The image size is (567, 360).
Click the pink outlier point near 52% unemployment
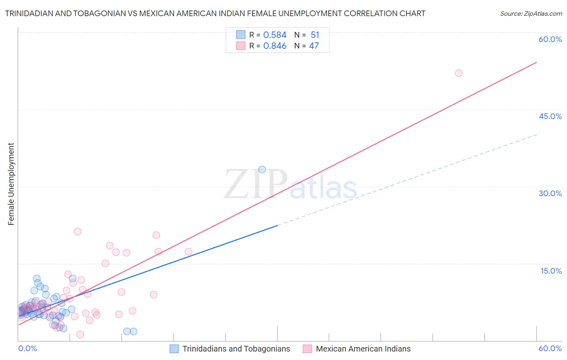[x=459, y=73]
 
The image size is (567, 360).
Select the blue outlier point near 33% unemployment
[x=262, y=170]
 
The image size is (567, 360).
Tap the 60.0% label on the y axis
[x=550, y=39]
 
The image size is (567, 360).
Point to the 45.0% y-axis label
[x=550, y=116]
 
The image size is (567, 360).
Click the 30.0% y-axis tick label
[x=550, y=193]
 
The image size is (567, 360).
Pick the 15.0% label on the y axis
[x=551, y=271]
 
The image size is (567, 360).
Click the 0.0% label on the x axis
[x=27, y=348]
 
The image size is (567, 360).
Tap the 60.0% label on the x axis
[x=550, y=348]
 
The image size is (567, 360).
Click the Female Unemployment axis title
[x=11, y=184]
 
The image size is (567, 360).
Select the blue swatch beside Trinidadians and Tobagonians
[x=174, y=349]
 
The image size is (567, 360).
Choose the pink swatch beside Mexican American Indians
[x=307, y=349]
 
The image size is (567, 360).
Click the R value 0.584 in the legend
[x=275, y=35]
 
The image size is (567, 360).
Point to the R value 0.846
[x=275, y=46]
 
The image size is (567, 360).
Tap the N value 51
[x=315, y=35]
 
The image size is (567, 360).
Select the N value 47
[x=314, y=46]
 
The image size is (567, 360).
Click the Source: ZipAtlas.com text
[x=531, y=14]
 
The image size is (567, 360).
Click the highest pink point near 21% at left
[x=77, y=231]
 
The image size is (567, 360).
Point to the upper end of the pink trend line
[x=536, y=62]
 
